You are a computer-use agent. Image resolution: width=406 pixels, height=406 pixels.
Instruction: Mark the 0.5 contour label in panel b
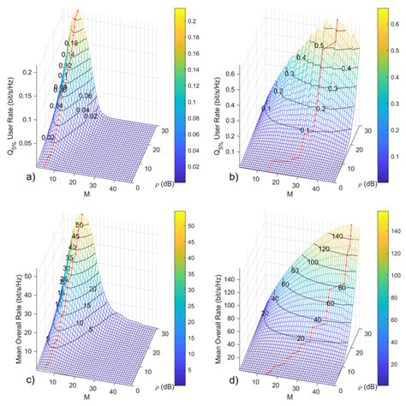coord(316,44)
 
